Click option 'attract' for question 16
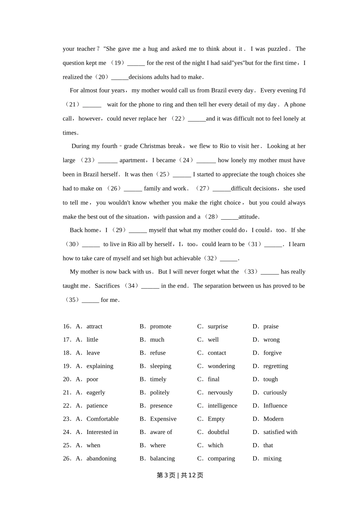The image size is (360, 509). tap(94, 326)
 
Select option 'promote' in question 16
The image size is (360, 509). tap(161, 326)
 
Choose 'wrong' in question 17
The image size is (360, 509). tap(271, 340)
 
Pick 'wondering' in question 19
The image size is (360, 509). tap(221, 366)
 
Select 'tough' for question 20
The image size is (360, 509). tap(271, 379)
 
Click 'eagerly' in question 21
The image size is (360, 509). tap(96, 393)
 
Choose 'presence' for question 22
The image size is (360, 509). tap(161, 406)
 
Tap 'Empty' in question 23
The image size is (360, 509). tap(216, 419)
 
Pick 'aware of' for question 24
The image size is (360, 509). tap(161, 432)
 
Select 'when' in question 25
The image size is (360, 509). tap(93, 445)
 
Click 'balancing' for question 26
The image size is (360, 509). tap(162, 459)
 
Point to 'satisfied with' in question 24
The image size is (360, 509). tap(280, 432)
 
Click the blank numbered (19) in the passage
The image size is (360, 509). tap(136, 63)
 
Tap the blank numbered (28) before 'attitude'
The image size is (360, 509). tap(230, 217)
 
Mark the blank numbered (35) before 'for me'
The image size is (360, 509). tap(91, 300)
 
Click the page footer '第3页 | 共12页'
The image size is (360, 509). tap(180, 475)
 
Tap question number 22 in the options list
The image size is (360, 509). tap(67, 406)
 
